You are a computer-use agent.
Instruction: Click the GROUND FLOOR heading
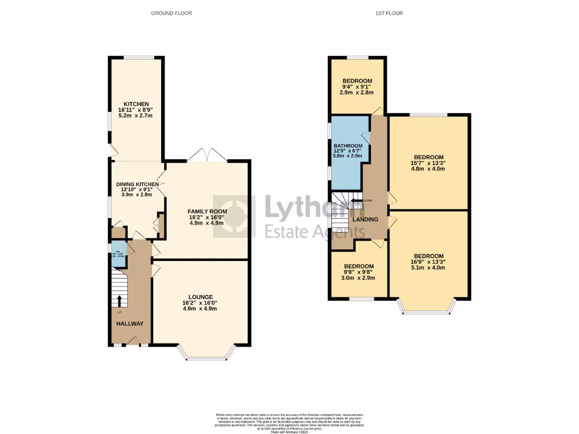point(171,13)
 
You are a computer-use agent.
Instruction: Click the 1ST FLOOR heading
point(389,13)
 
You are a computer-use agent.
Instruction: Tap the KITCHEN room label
point(136,105)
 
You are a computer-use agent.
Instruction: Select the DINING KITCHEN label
point(135,184)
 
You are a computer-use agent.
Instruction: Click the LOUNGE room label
point(201,297)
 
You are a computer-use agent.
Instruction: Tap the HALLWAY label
point(129,324)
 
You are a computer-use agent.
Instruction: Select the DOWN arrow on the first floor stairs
point(357,200)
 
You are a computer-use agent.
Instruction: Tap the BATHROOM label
point(348,146)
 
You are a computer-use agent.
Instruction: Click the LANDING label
point(365,219)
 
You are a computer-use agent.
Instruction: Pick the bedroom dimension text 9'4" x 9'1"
point(356,87)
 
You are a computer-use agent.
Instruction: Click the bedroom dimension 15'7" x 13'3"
point(429,163)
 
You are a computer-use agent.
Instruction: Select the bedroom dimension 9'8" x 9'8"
point(359,272)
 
